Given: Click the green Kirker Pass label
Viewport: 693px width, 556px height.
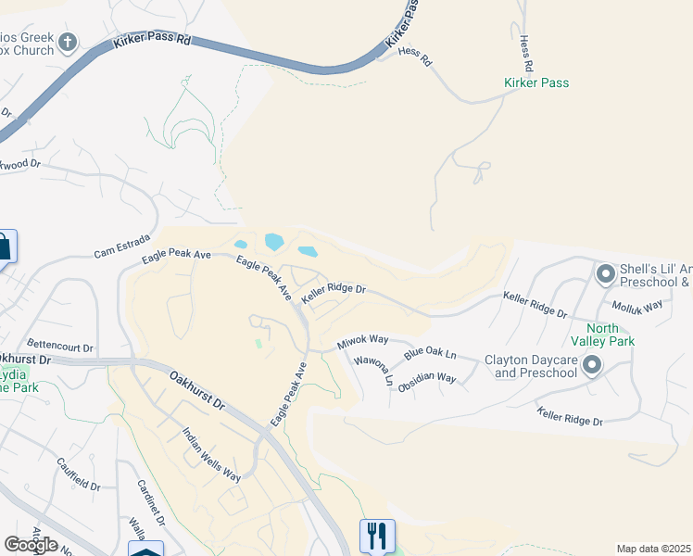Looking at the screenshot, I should (x=536, y=82).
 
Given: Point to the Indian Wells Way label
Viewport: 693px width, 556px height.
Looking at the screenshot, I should (x=211, y=454).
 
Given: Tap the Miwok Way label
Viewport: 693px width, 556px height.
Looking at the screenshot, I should (x=362, y=342).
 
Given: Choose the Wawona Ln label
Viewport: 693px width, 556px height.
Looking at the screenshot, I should (x=374, y=371).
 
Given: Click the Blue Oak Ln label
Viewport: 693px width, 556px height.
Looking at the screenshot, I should (x=431, y=354).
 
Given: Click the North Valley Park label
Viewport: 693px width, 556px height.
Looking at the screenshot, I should (x=615, y=335).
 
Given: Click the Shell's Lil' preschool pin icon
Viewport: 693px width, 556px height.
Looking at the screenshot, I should (x=606, y=274).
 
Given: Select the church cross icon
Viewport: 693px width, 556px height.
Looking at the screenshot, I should (x=67, y=42).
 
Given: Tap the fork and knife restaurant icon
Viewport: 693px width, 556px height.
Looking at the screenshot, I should (x=377, y=535).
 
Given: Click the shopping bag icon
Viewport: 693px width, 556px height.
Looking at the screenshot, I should (x=3, y=246).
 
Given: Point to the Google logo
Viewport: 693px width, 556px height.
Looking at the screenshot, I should (x=31, y=545).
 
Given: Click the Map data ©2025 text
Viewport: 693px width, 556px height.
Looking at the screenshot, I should (x=652, y=549).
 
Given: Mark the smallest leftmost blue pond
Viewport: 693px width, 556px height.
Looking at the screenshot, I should (x=241, y=245).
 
